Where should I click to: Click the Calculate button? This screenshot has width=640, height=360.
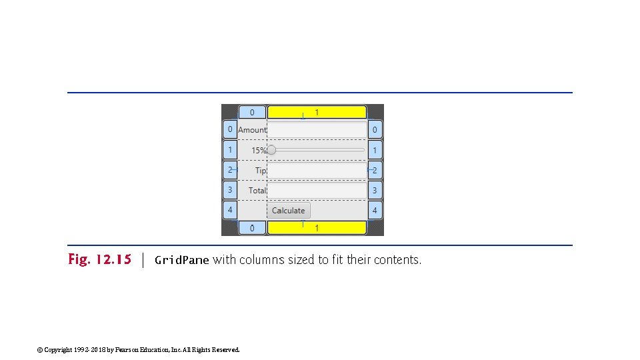point(289,211)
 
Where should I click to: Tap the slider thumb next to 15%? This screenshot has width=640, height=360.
point(271,150)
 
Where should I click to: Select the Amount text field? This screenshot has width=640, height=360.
point(317,130)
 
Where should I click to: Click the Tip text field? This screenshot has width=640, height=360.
point(317,171)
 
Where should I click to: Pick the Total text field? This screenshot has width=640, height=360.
point(317,191)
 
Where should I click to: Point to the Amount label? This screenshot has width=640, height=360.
point(252,130)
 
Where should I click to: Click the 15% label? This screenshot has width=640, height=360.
point(259,151)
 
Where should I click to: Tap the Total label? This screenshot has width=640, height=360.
point(257,191)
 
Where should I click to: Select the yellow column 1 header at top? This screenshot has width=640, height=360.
point(317,112)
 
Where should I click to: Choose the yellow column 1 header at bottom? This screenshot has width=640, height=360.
point(317,228)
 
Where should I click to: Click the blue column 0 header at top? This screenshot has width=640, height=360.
point(252,112)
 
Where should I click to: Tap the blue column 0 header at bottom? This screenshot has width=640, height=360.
point(252,228)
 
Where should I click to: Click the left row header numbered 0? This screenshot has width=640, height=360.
point(230,129)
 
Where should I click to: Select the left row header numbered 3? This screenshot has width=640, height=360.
point(230,190)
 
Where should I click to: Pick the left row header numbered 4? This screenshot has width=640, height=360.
point(230,209)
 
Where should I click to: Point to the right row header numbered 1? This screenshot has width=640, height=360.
point(375,151)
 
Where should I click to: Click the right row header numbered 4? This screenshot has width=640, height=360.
point(375,211)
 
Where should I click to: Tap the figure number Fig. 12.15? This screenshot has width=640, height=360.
point(100,259)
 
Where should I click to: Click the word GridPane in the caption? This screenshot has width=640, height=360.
point(182,260)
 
